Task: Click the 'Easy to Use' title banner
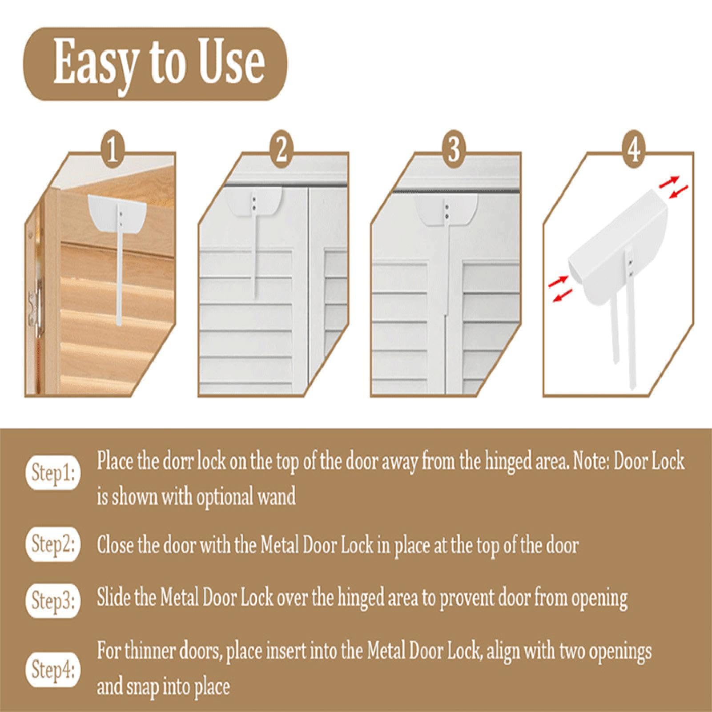pos(155,64)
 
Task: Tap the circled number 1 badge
pos(112,151)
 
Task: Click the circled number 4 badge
pos(634,151)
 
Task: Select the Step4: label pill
pos(54,670)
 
